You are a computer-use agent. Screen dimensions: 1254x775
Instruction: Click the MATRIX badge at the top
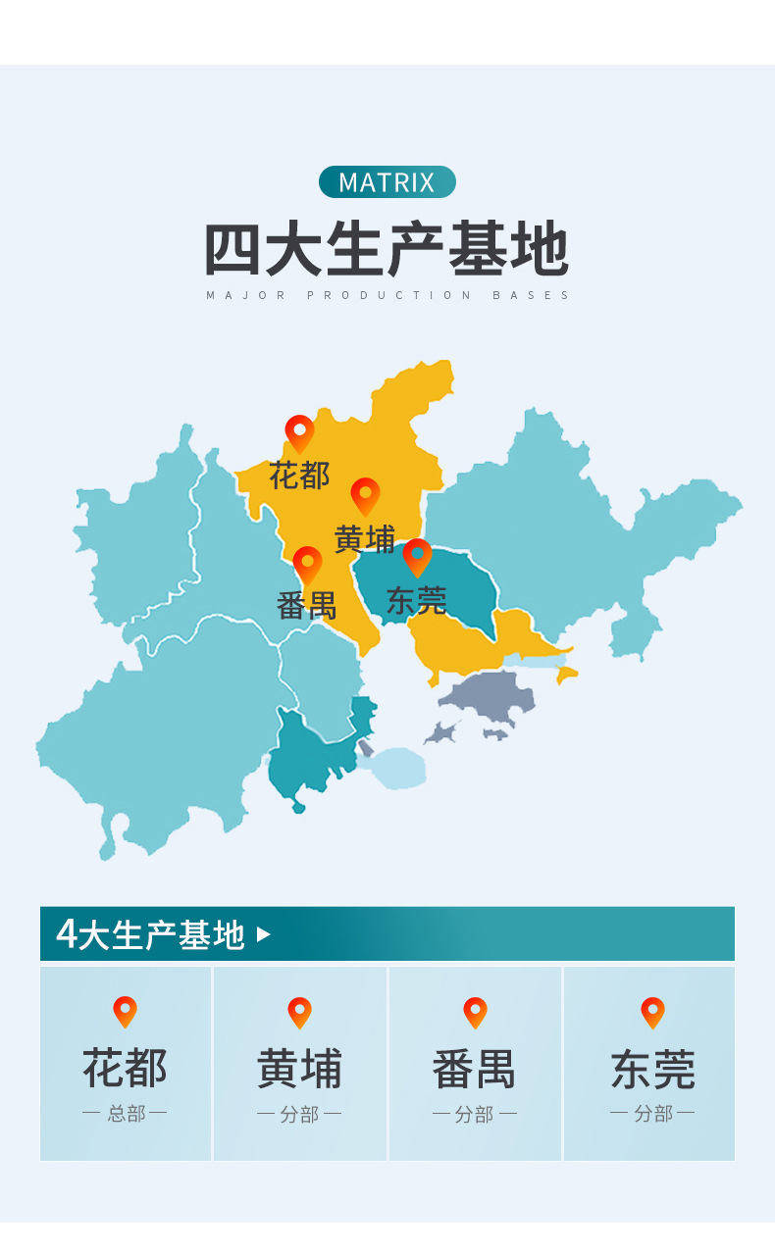387,182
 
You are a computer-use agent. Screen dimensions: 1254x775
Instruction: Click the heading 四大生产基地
387,250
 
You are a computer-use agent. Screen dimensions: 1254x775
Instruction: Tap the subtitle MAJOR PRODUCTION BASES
387,295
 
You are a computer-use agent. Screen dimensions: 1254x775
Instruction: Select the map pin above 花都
299,432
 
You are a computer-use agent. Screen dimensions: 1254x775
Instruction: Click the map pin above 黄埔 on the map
365,495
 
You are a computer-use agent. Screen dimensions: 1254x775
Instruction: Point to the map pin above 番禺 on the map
307,564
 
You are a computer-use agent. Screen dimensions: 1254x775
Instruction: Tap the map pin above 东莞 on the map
417,556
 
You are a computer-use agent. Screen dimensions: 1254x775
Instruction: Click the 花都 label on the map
299,477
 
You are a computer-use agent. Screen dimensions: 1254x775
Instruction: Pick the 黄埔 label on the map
365,539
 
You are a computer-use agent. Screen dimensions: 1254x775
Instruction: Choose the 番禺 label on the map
306,606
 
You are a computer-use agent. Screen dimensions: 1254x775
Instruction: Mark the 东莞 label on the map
416,601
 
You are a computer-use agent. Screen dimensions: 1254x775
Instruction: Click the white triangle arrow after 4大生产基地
263,934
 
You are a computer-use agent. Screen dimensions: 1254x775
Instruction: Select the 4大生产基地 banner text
150,934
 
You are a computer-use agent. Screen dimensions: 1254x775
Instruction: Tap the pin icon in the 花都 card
125,1011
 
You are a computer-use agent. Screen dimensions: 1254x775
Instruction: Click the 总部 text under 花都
125,1114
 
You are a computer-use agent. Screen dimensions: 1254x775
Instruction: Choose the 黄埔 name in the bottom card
299,1069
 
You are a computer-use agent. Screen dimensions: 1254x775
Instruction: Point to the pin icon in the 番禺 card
475,1012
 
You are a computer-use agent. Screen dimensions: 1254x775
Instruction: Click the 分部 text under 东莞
652,1114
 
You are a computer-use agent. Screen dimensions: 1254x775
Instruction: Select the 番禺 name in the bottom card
475,1069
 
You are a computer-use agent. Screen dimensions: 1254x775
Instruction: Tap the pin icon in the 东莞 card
652,1012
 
